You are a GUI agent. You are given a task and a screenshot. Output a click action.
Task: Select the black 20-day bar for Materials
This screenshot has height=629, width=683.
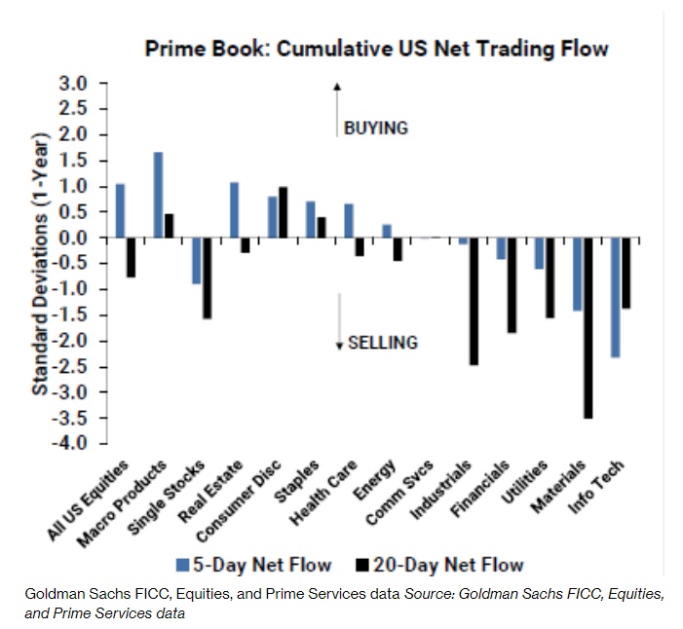[x=588, y=327]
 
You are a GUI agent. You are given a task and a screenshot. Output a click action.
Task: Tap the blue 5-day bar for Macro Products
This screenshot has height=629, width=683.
[x=158, y=195]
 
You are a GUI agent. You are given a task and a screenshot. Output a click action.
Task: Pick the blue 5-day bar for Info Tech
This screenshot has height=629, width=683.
[x=616, y=297]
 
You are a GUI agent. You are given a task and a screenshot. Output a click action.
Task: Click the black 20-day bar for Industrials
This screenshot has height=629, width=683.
[x=474, y=301]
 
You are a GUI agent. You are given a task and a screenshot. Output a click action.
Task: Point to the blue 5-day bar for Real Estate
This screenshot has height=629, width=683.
[x=234, y=209]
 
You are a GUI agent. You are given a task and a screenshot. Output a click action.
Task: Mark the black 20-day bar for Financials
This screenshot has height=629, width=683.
[x=512, y=285]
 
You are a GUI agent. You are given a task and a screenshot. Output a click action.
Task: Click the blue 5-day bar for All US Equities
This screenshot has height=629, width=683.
[x=120, y=210]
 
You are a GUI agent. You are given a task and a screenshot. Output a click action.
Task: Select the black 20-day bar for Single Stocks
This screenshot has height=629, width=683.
[x=207, y=277]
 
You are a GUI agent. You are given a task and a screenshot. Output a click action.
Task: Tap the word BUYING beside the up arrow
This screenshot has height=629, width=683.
[x=376, y=128]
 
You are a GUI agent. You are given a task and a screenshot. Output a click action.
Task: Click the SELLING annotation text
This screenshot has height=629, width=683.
[x=383, y=342]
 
